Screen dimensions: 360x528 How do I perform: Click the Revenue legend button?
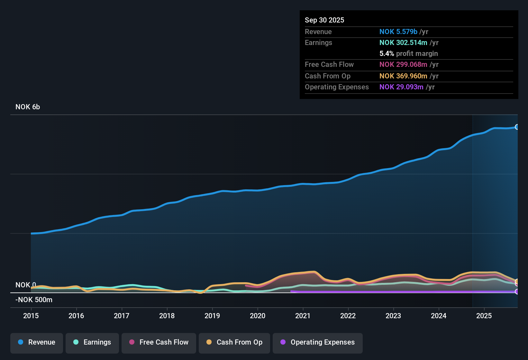pyautogui.click(x=37, y=342)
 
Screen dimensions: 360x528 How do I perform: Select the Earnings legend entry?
pyautogui.click(x=92, y=342)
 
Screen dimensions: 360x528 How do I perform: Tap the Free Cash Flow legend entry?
pyautogui.click(x=159, y=342)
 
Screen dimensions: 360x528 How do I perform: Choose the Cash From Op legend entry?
pyautogui.click(x=234, y=342)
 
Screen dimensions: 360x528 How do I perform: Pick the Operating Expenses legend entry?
pyautogui.click(x=318, y=342)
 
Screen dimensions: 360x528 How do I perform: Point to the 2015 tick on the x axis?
pyautogui.click(x=31, y=316)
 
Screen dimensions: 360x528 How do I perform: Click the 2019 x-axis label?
pyautogui.click(x=212, y=316)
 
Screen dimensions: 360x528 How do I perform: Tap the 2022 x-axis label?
pyautogui.click(x=348, y=316)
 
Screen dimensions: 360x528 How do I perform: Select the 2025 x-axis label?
pyautogui.click(x=484, y=316)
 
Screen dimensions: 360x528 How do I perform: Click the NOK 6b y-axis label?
pyautogui.click(x=28, y=107)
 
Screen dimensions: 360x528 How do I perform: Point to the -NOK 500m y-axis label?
pyautogui.click(x=34, y=300)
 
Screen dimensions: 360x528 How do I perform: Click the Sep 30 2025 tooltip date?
pyautogui.click(x=324, y=20)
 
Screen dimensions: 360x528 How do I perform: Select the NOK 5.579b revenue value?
pyautogui.click(x=398, y=32)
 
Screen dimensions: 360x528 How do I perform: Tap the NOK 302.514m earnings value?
pyautogui.click(x=403, y=43)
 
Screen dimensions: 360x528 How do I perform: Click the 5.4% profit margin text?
pyautogui.click(x=409, y=54)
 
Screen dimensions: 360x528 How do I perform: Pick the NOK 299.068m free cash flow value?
pyautogui.click(x=403, y=65)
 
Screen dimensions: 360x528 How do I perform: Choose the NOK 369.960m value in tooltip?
pyautogui.click(x=403, y=76)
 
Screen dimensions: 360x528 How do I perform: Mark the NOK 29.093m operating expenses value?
pyautogui.click(x=401, y=87)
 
